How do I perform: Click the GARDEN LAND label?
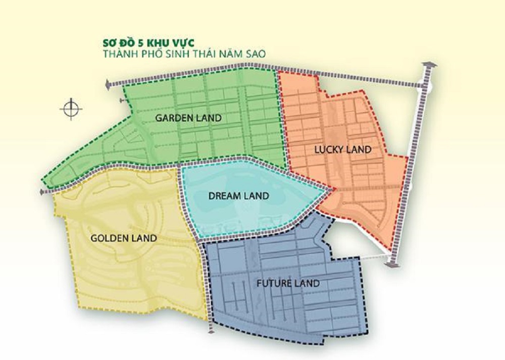pyautogui.click(x=188, y=118)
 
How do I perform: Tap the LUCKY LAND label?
pyautogui.click(x=343, y=149)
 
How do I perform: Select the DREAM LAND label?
pyautogui.click(x=239, y=196)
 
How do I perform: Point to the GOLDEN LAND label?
pyautogui.click(x=124, y=238)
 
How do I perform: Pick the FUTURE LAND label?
pyautogui.click(x=288, y=283)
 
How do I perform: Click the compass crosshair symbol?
pyautogui.click(x=71, y=108)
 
